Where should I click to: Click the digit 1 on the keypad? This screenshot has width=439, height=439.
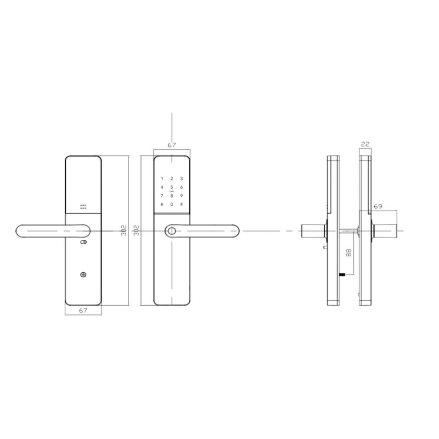pos(162,178)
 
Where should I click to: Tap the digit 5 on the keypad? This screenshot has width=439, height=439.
pos(172,188)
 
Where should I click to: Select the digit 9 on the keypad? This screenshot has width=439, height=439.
pos(181,196)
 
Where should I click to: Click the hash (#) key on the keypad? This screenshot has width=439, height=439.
pos(181,205)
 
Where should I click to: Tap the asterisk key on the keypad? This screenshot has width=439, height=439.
pos(162,205)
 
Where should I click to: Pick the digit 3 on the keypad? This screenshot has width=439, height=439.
pos(181,178)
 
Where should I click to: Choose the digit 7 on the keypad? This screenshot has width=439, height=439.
pos(162,196)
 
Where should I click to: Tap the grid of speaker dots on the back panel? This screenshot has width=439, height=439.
pos(83,207)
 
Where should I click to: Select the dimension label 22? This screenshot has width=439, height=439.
pos(365,144)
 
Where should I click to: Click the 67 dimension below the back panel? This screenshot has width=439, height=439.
pos(83,311)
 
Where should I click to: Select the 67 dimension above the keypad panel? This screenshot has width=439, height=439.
pos(172,145)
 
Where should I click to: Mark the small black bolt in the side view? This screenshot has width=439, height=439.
pos(342,274)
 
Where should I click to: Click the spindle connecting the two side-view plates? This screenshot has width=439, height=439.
pos(344,231)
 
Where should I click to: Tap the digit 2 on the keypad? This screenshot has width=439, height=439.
pos(172,178)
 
